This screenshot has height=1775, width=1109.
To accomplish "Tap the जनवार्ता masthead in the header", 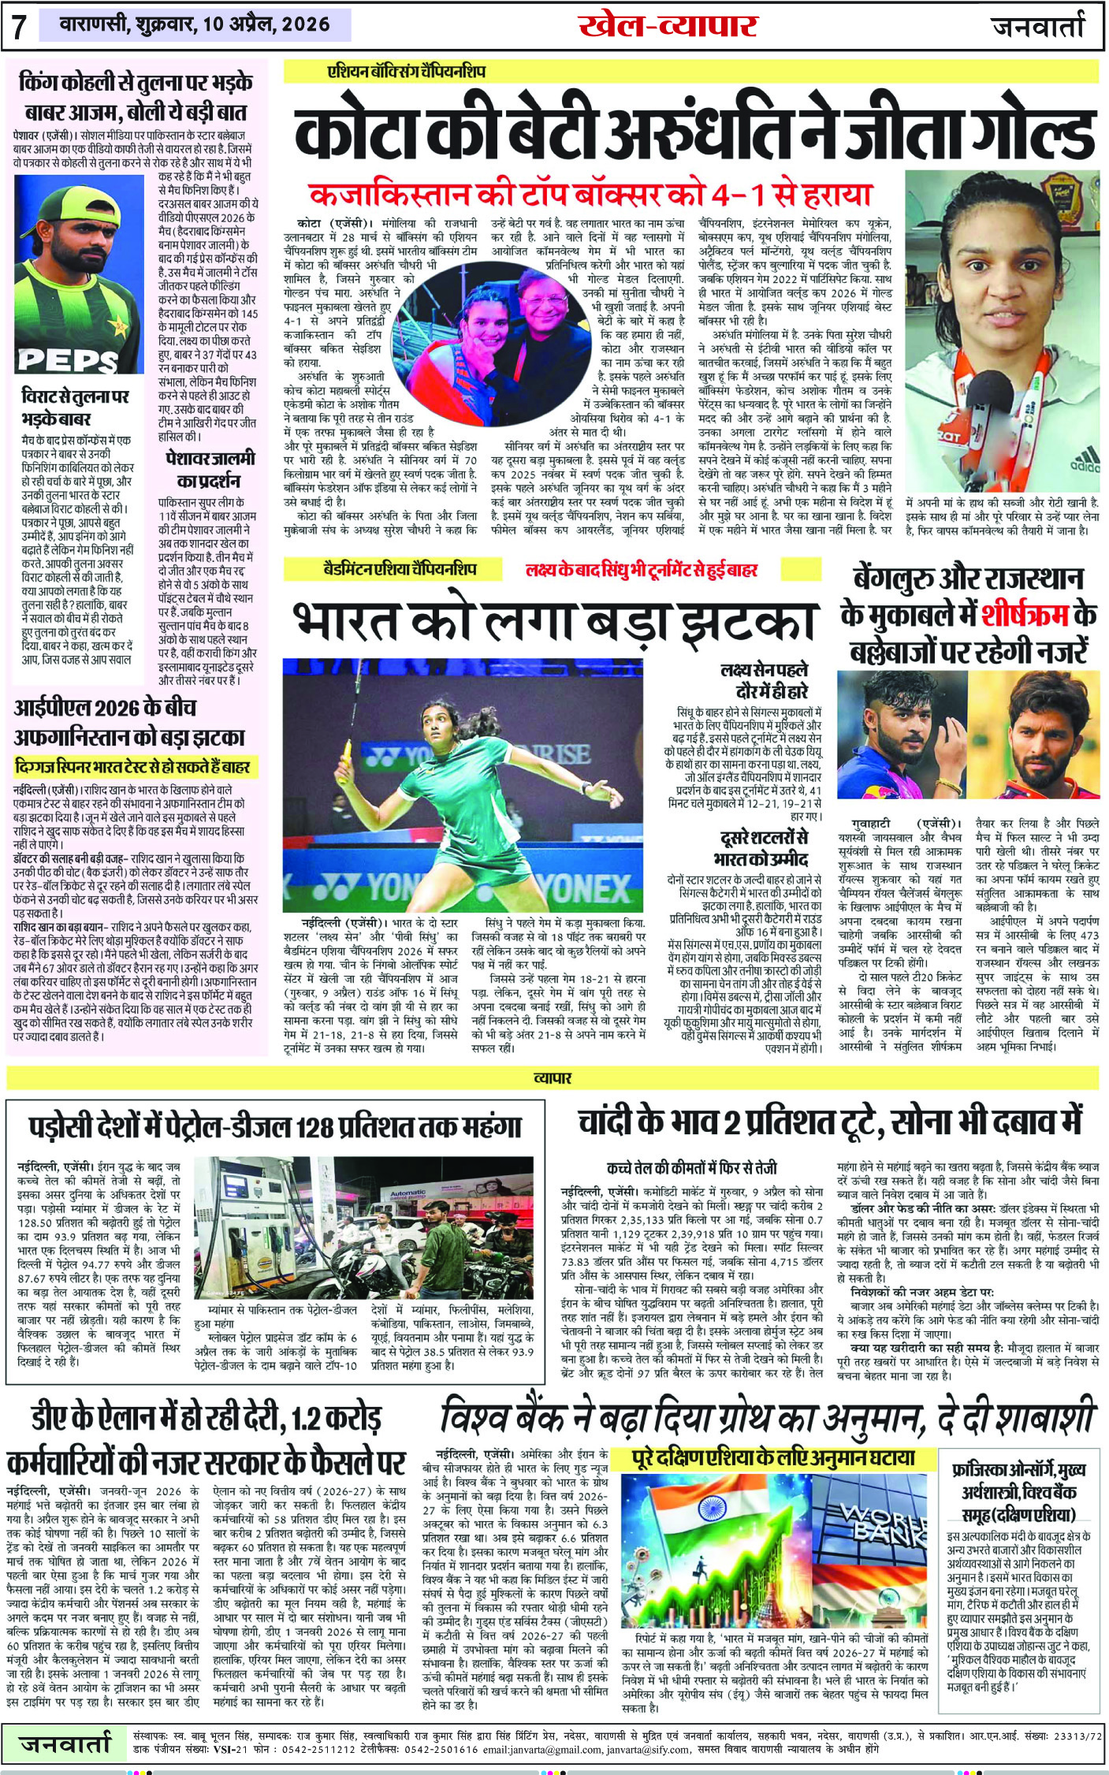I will coord(1038,26).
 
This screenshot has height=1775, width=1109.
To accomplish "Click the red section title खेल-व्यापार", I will coord(668,26).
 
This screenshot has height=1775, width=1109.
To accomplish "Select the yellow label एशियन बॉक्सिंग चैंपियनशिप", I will coord(407,72).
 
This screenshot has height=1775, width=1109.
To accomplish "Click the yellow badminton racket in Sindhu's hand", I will coord(344,754).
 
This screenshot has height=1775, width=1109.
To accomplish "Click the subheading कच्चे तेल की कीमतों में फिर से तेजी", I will coord(691,1167).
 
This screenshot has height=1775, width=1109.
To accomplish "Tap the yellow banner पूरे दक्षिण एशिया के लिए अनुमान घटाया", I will coord(774,1457).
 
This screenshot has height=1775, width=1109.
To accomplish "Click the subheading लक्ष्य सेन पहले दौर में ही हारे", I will coord(764,680).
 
